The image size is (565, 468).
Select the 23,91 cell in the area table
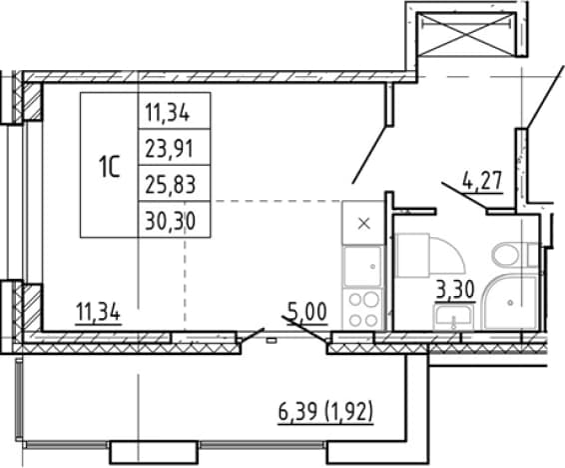(174, 147)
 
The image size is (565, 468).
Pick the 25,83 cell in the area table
(174, 183)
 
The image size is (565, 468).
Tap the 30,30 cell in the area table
(174, 219)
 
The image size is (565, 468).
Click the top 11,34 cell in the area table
(174, 111)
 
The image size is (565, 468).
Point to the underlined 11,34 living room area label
(98, 313)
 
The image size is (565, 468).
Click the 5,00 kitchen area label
(307, 311)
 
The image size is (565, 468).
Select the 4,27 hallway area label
(482, 181)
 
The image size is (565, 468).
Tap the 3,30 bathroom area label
(455, 289)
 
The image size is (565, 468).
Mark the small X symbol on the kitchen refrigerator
(364, 224)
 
